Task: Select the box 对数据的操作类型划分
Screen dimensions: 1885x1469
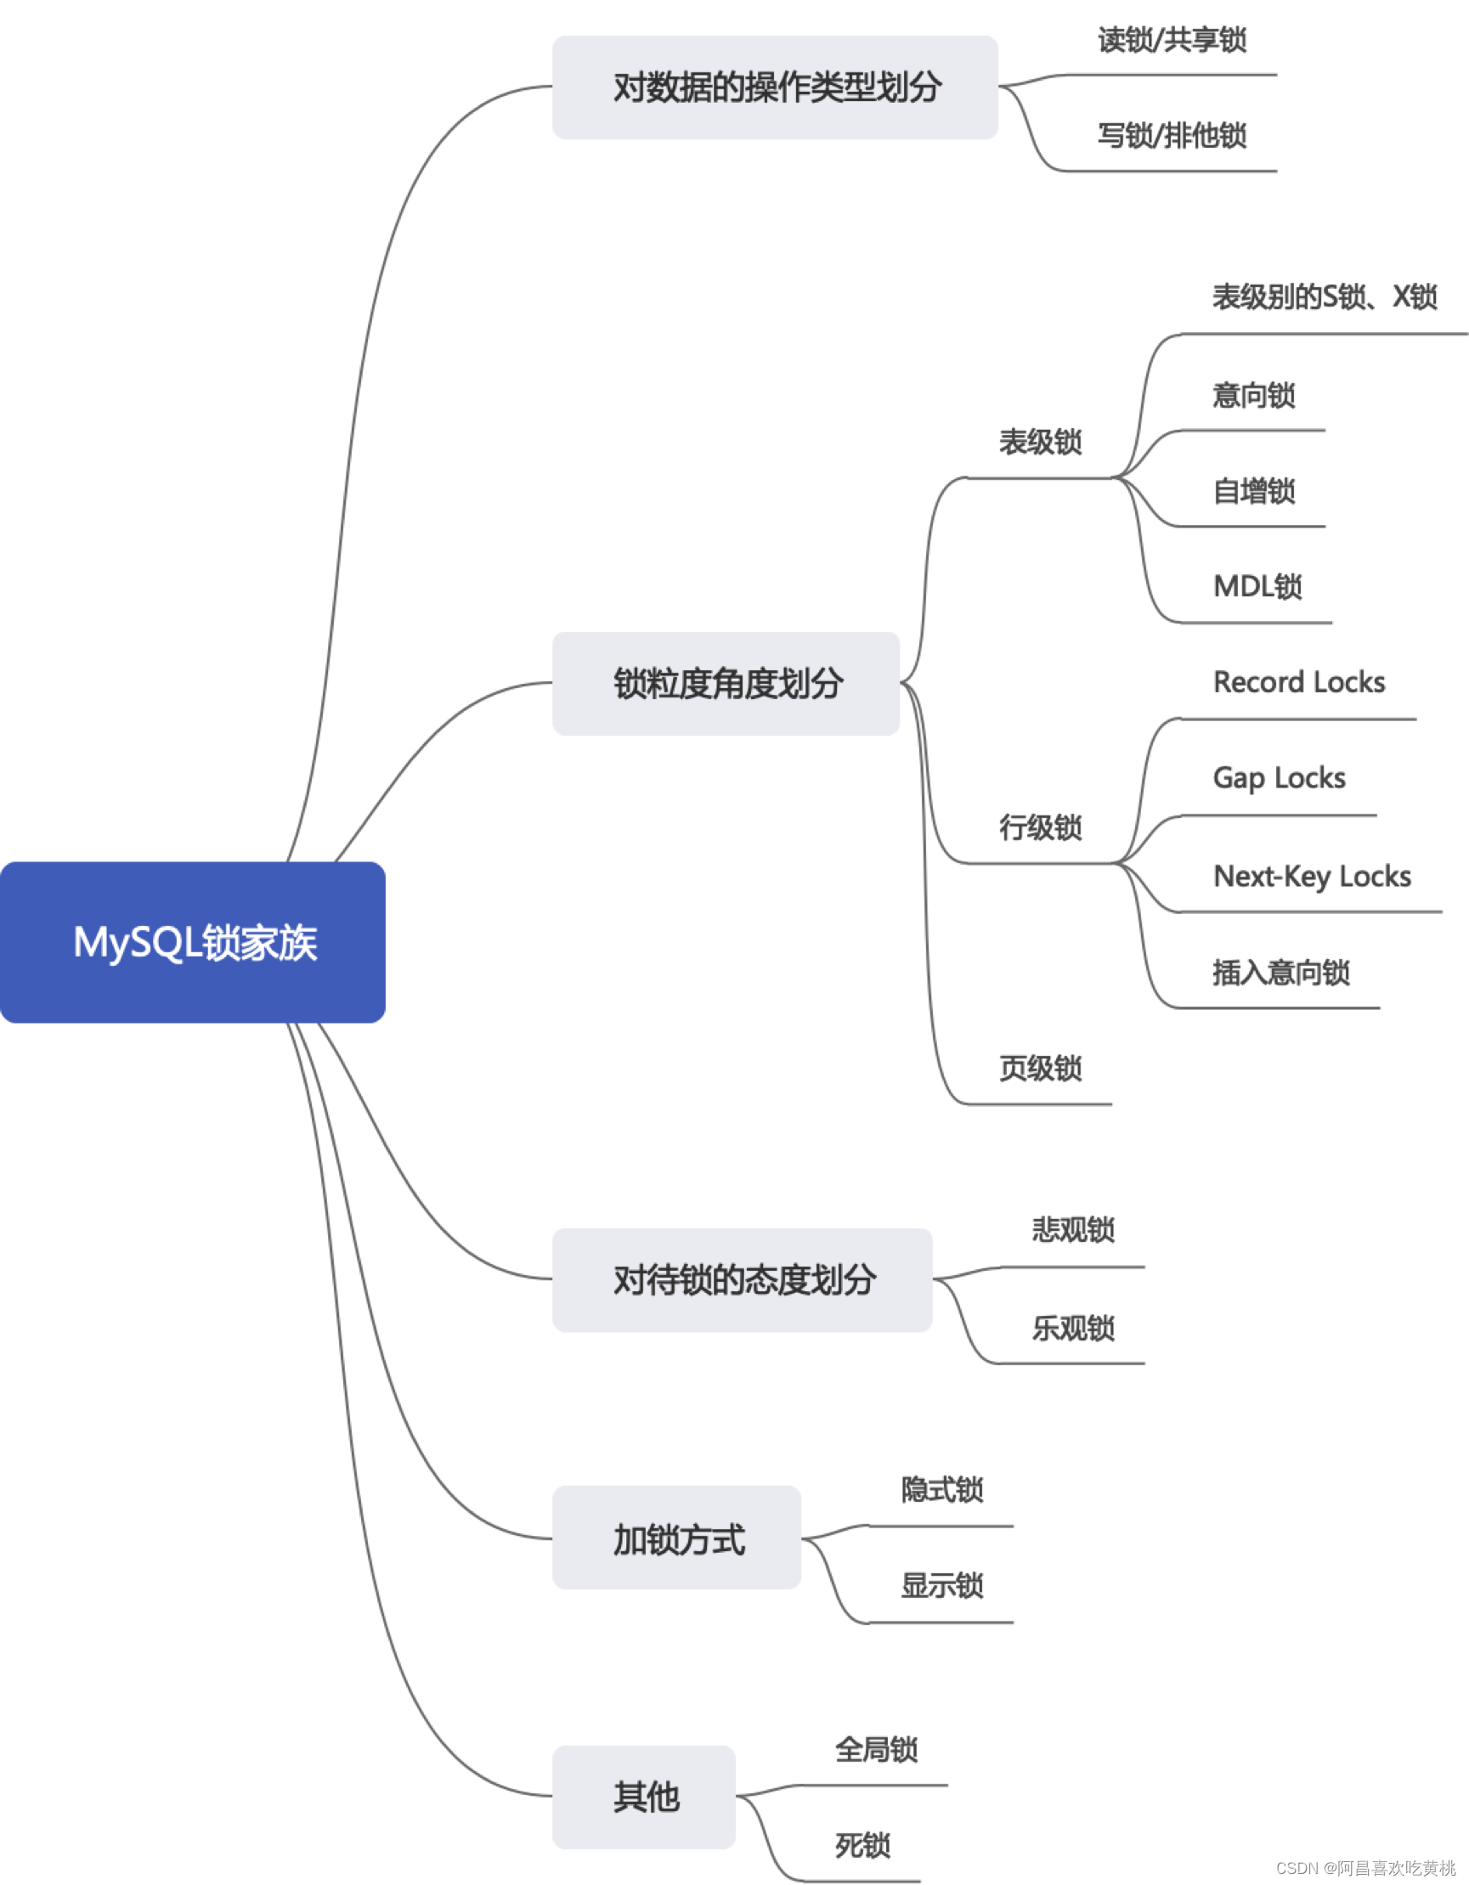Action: tap(775, 87)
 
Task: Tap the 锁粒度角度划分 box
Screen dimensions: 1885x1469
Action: tap(726, 684)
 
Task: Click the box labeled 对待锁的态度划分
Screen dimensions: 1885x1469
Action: tap(743, 1280)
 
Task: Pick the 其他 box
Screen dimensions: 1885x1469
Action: tap(644, 1798)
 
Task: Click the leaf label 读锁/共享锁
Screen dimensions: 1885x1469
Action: tap(1172, 40)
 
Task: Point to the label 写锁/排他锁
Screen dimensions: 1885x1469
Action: tap(1172, 136)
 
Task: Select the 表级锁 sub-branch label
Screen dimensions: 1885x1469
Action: tap(1040, 442)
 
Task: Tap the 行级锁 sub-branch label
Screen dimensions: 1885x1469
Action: tap(1040, 827)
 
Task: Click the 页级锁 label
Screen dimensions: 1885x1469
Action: tap(1040, 1069)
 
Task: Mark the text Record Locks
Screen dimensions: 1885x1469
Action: tap(1298, 683)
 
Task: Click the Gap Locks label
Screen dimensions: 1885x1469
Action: tap(1278, 778)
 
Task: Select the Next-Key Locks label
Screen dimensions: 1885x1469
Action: tap(1311, 877)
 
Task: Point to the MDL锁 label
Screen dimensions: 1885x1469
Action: tap(1257, 587)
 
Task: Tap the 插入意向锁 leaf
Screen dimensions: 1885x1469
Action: tap(1281, 973)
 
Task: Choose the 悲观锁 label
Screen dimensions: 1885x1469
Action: tap(1073, 1230)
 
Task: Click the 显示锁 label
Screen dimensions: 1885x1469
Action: tap(941, 1585)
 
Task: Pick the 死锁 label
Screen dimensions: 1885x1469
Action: tap(862, 1845)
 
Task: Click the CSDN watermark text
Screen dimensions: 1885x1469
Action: tap(1364, 1868)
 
